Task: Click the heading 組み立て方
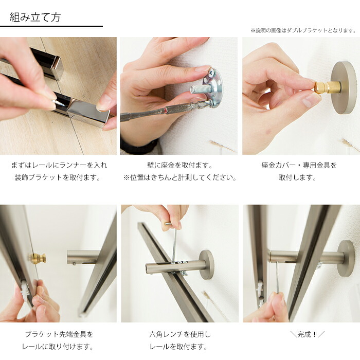35,17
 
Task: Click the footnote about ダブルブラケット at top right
303,30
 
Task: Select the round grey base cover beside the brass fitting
344,87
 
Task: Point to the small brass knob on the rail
38,259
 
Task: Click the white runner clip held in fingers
24,290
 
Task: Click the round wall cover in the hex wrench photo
207,265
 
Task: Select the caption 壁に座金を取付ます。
180,165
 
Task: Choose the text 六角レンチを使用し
180,334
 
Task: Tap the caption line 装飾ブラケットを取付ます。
58,177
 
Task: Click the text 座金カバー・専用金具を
299,165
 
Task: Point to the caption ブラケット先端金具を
59,334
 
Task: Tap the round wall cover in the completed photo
346,258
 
